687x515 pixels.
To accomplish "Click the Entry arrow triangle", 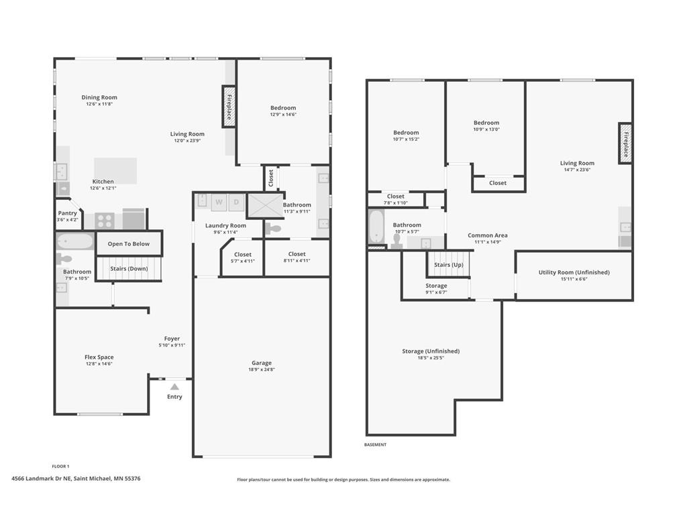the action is [174, 387].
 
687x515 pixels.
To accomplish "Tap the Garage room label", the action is [262, 363].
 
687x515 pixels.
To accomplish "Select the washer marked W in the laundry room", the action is [219, 203].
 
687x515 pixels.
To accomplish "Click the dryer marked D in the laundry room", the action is [237, 203].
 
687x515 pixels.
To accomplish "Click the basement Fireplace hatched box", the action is [626, 144].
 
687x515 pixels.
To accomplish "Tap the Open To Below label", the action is [128, 244].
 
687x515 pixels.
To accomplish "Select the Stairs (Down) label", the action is [129, 268].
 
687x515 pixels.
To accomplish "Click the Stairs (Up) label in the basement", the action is [449, 265].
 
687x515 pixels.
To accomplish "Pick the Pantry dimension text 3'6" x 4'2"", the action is [67, 220].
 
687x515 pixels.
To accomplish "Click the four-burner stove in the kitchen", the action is [105, 221].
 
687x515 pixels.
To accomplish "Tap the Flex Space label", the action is [99, 357].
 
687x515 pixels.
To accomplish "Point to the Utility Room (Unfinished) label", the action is [574, 272].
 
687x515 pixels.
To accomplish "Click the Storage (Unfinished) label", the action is [431, 351].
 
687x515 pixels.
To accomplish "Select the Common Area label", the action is [487, 235].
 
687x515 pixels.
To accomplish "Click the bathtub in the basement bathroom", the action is [376, 227].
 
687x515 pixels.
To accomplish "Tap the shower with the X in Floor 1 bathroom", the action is [266, 205].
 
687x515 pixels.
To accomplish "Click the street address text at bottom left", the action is [76, 479].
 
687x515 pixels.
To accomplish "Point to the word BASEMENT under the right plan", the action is [376, 445].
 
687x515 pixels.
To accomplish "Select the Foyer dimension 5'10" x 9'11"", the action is [172, 345].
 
